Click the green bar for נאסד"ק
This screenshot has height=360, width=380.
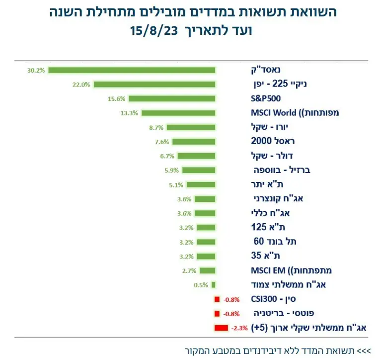[132, 70]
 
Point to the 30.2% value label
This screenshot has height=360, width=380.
[36, 70]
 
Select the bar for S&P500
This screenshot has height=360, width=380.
[172, 98]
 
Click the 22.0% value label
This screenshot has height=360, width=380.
[81, 85]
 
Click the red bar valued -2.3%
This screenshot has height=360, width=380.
[221, 328]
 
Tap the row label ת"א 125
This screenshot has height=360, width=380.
[263, 227]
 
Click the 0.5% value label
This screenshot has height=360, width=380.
[201, 285]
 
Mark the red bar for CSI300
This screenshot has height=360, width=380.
[217, 299]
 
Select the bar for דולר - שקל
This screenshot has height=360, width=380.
[196, 156]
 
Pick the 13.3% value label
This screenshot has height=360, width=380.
[129, 113]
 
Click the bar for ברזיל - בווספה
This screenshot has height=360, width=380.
[198, 170]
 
